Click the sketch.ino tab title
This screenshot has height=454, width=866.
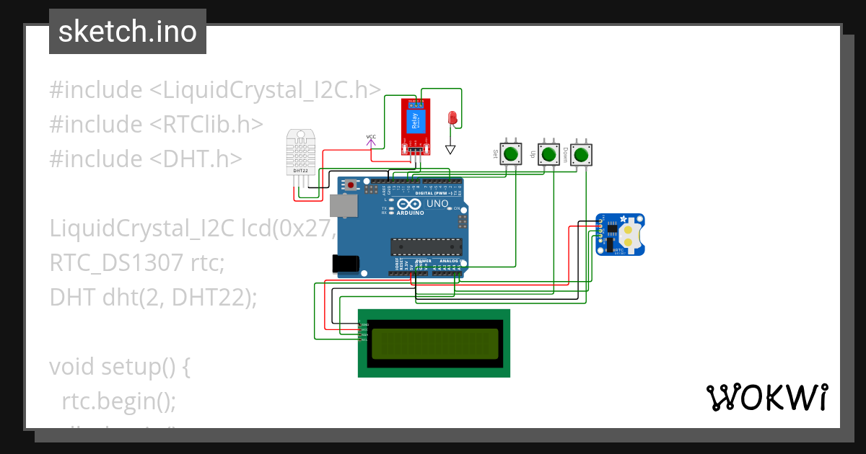[x=128, y=32]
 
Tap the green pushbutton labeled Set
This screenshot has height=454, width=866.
[x=512, y=153]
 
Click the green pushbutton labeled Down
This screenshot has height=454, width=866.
[x=581, y=153]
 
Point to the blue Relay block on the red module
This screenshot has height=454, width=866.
[x=415, y=121]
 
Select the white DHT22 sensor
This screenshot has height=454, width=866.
[x=301, y=151]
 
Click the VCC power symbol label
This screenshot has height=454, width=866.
[x=371, y=137]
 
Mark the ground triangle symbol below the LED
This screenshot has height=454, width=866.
[x=451, y=150]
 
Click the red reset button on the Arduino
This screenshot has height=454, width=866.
[x=351, y=185]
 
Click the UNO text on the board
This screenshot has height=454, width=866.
[x=437, y=204]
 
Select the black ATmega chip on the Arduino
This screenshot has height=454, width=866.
[x=424, y=246]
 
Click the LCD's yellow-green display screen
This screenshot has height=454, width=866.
[x=434, y=344]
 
